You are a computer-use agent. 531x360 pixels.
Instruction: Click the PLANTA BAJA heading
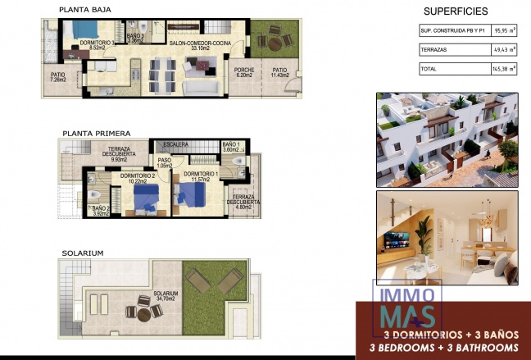(x=86, y=10)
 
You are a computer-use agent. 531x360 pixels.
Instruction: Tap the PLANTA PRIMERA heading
(x=95, y=133)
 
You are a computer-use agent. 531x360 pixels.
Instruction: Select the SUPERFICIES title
(x=455, y=11)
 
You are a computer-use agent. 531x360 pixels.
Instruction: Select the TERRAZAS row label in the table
(x=434, y=51)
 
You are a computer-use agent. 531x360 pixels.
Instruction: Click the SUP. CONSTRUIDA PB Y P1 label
(x=453, y=32)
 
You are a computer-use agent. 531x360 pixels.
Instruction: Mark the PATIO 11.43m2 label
(x=280, y=73)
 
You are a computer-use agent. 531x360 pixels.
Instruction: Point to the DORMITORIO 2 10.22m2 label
(x=137, y=179)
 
